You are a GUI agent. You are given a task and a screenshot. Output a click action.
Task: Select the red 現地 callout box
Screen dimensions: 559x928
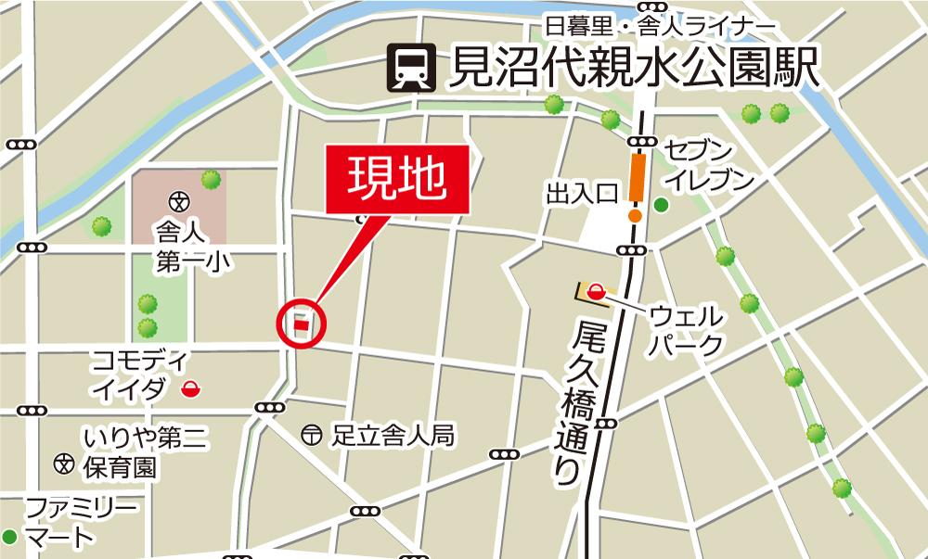(396, 180)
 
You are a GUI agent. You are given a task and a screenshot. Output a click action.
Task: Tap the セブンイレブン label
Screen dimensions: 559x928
(710, 166)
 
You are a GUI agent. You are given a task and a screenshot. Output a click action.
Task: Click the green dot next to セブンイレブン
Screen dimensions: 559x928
(661, 205)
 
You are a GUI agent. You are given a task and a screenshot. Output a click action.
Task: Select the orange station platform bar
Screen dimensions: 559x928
(637, 177)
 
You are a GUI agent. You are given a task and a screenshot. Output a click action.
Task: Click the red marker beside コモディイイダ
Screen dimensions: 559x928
(191, 388)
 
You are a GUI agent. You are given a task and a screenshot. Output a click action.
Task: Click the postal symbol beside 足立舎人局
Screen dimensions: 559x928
(312, 433)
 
